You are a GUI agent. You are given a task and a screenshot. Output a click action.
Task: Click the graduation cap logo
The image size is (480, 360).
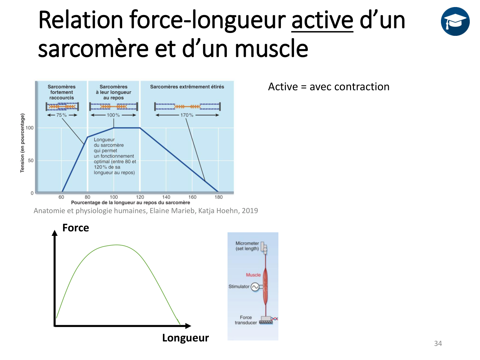point(455,21)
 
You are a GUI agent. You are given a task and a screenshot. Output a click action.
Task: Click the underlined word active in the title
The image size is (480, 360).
point(322,20)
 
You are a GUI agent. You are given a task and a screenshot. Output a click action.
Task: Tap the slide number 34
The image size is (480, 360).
point(438,343)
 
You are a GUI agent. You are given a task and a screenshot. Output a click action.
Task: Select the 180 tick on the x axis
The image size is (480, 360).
point(219,197)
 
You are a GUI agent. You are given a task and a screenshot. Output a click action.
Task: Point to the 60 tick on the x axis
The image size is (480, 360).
point(61,197)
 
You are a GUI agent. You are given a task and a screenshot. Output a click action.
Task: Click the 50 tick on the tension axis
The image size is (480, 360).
point(31,161)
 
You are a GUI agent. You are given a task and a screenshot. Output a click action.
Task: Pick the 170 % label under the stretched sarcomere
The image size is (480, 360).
point(187,115)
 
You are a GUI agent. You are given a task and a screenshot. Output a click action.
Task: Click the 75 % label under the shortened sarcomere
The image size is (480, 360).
point(61,115)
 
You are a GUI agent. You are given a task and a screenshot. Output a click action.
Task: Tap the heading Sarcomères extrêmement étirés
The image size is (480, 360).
point(187,87)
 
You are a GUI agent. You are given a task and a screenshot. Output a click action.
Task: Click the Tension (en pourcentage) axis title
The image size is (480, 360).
point(22,143)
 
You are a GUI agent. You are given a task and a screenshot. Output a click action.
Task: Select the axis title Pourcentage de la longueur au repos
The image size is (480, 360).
point(131,203)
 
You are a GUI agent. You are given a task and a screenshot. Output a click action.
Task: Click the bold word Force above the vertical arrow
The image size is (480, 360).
point(76,228)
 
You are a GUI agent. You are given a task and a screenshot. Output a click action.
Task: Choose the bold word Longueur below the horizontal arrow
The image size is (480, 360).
point(185,338)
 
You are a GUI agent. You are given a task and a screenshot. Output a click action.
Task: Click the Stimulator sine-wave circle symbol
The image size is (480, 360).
point(255,287)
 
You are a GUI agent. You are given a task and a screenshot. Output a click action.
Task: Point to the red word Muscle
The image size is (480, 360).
point(253,275)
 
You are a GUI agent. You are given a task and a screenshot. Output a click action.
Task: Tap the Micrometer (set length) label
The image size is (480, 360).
point(247,246)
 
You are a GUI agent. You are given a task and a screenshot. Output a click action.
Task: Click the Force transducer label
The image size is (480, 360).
point(246,320)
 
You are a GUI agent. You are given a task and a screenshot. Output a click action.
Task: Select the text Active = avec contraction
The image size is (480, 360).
point(329,87)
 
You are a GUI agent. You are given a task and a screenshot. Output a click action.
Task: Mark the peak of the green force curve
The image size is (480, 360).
point(117,245)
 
